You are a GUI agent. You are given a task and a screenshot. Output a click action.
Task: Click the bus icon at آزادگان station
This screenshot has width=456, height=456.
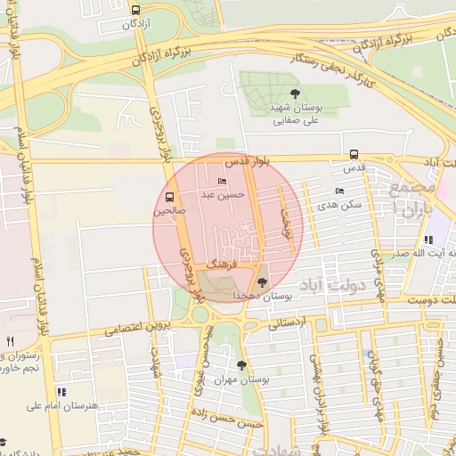(135, 11)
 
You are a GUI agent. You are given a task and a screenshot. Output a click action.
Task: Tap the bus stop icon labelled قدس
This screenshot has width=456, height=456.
(354, 153)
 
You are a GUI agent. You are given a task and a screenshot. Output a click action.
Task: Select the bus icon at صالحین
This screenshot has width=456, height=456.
(170, 197)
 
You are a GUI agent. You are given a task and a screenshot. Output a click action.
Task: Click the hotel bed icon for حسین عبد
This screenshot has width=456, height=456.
(222, 182)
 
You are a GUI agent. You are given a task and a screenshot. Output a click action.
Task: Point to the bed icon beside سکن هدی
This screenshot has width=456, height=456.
(338, 191)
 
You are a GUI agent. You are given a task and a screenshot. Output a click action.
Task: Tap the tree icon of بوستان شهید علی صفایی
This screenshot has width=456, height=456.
(295, 93)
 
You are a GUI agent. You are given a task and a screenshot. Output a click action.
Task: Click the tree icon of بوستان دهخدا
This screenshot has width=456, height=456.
(260, 281)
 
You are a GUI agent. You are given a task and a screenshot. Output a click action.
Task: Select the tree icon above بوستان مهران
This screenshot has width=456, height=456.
(241, 365)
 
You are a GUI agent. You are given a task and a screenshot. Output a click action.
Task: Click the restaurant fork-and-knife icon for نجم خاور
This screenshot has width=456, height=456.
(10, 341)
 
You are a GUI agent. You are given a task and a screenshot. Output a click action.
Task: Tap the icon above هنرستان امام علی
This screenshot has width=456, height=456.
(61, 392)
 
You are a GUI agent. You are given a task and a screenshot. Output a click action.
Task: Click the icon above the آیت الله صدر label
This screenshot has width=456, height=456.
(428, 240)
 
